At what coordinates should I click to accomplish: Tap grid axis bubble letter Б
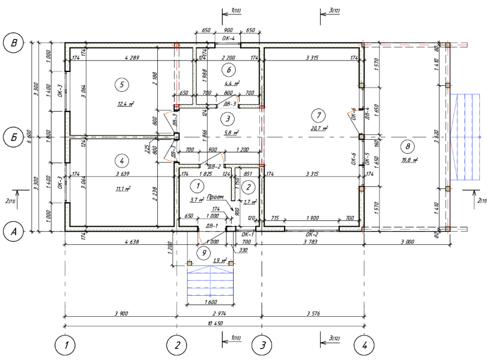(13, 137)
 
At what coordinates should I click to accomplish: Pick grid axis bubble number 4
(363, 345)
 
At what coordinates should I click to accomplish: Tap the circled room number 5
(121, 85)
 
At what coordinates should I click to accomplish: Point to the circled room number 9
(204, 253)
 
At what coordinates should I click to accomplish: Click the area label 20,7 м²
(319, 128)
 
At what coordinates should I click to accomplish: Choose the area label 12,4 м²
(125, 103)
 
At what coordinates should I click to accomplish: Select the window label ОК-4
(228, 38)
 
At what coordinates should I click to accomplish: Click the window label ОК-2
(312, 234)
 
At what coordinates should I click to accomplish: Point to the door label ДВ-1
(211, 226)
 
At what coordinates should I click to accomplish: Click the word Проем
(214, 196)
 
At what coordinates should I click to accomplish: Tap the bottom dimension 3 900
(120, 313)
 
